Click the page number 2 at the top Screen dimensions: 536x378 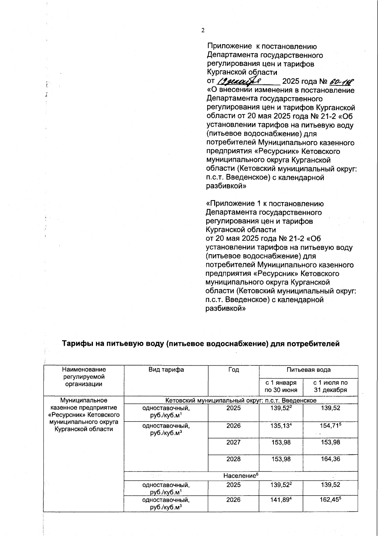point(203,30)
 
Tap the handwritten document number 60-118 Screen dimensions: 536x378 point(341,81)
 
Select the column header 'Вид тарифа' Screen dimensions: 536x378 point(166,369)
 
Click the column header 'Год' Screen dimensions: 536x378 point(233,369)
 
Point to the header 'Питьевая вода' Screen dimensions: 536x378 point(308,369)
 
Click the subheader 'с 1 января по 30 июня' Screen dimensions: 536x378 point(281,386)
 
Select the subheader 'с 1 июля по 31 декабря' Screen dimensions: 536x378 point(330,386)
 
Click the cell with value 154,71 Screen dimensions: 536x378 point(330,426)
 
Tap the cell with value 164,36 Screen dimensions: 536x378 point(330,459)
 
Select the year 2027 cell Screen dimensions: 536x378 point(233,442)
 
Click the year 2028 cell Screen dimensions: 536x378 point(233,459)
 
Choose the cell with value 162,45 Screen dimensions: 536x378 point(330,500)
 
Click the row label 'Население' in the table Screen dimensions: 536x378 point(241,475)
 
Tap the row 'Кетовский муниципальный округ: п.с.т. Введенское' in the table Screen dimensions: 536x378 point(241,400)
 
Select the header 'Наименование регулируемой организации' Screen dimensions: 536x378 point(84,377)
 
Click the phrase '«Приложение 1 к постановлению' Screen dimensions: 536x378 point(264,203)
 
